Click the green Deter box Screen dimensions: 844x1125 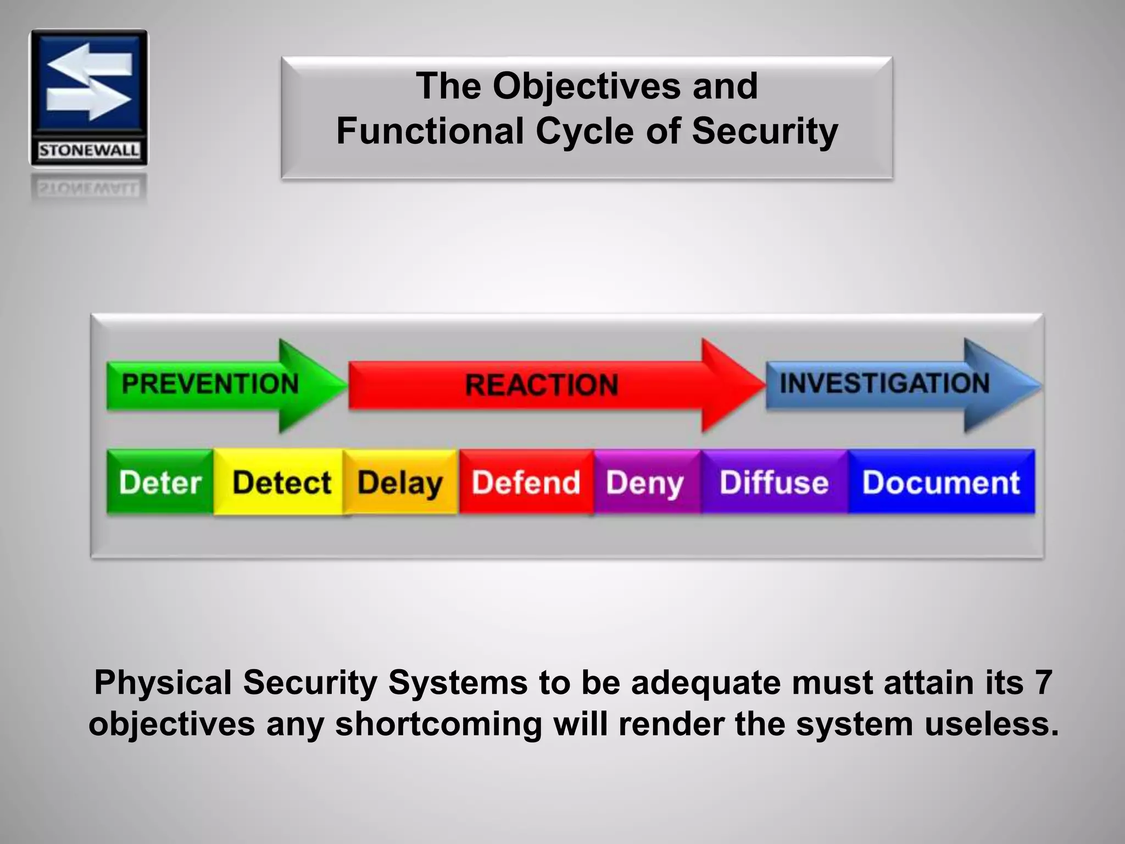tap(160, 482)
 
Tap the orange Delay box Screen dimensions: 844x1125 tap(400, 482)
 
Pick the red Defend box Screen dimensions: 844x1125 tap(526, 482)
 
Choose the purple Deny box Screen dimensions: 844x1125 tap(645, 482)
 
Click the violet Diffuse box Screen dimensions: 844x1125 tap(773, 482)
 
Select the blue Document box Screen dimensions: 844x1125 tap(940, 482)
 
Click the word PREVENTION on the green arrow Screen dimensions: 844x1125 tap(210, 384)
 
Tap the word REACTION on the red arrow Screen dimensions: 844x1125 tap(542, 384)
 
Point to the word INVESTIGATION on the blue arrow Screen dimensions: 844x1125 tap(884, 383)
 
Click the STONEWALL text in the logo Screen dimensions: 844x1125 tap(89, 151)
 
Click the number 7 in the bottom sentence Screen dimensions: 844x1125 tap(1042, 682)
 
